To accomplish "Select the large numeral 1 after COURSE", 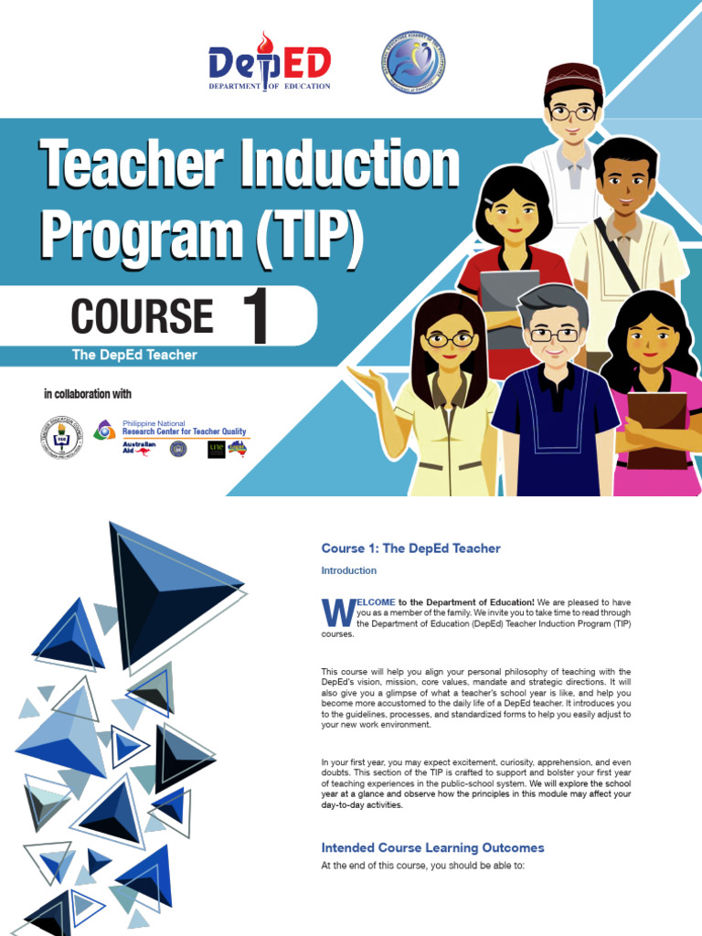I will (x=254, y=317).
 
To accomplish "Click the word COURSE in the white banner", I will (x=142, y=316).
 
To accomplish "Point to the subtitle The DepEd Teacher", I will (x=134, y=355).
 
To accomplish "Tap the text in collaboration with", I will (x=88, y=395).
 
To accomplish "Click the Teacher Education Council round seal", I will (x=61, y=437).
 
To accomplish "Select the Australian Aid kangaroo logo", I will (x=139, y=448).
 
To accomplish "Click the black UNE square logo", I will (x=216, y=449).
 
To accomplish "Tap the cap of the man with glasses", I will (x=573, y=74).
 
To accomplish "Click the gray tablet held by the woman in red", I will (x=509, y=292).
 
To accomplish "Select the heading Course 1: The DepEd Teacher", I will (x=410, y=548).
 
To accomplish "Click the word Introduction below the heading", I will (x=348, y=570).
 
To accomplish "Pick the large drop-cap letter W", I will (x=335, y=612).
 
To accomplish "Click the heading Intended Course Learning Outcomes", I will (x=432, y=847).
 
